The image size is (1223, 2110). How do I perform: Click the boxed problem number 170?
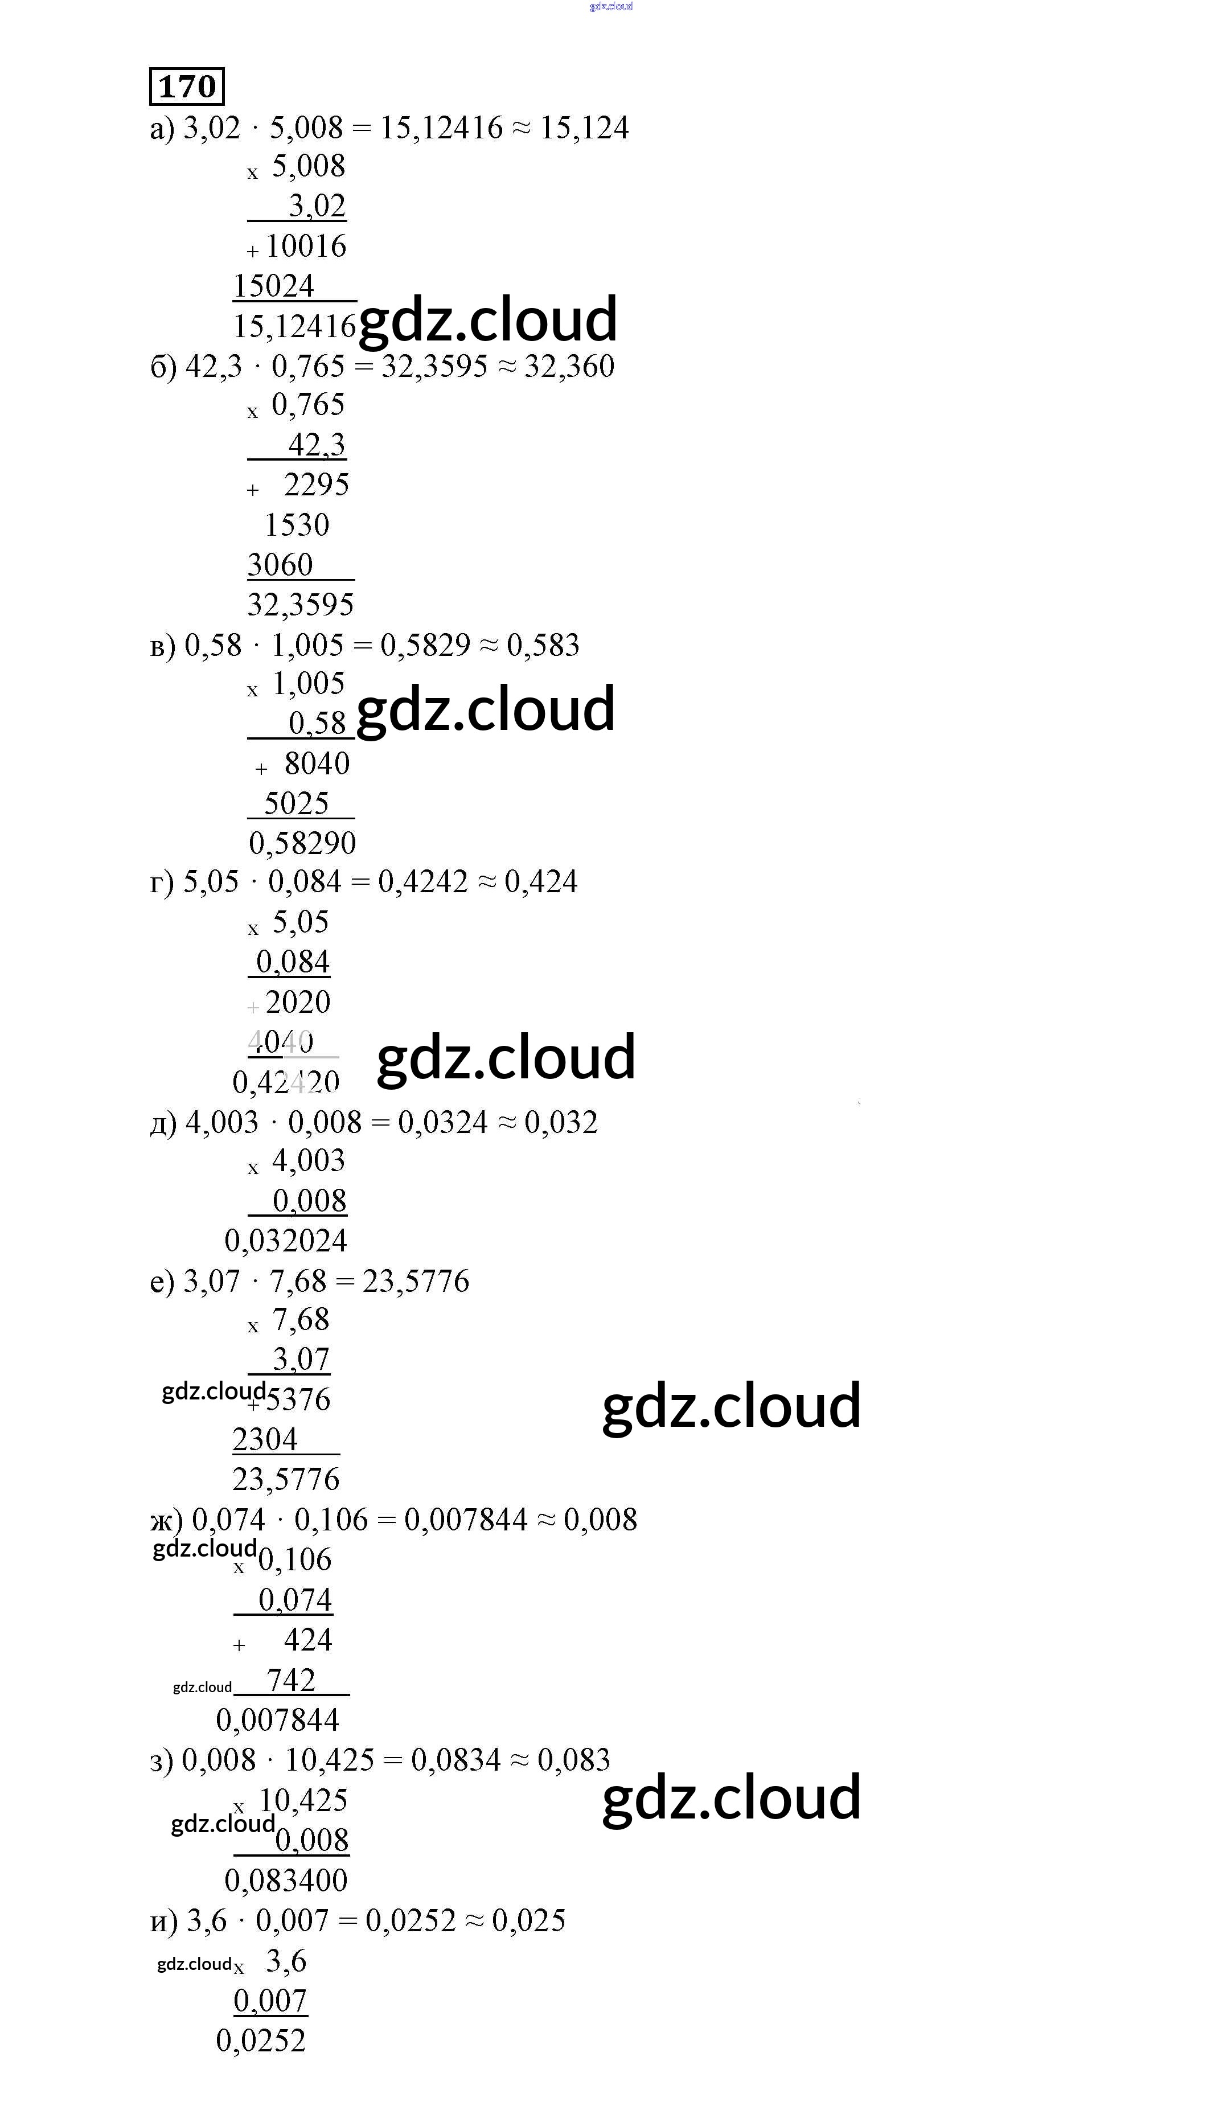187,86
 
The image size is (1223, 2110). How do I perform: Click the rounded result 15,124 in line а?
584,128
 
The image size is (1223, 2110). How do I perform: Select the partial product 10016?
306,246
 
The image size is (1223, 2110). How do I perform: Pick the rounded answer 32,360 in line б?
569,367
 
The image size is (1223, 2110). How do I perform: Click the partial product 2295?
317,485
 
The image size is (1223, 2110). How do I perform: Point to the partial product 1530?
297,525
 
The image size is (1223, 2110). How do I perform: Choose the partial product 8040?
317,763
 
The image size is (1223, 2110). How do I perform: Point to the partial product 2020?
298,1002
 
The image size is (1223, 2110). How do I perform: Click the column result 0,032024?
285,1241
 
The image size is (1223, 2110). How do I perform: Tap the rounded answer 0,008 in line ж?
600,1520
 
